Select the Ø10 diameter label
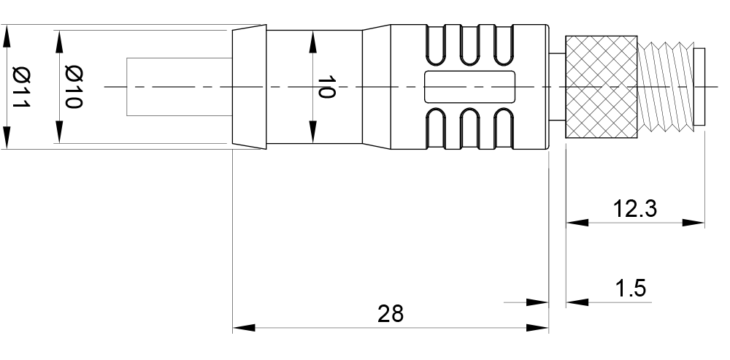[x=73, y=87]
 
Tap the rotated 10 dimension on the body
[x=326, y=87]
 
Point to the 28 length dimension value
[x=391, y=314]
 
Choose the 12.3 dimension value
[x=634, y=209]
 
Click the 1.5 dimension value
[x=631, y=288]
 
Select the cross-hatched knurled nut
[x=602, y=87]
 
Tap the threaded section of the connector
[x=664, y=87]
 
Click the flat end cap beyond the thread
[x=699, y=87]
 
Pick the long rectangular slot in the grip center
[x=471, y=87]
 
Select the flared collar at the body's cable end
[x=249, y=87]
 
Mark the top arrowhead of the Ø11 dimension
[x=7, y=37]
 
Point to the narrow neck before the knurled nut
[x=557, y=87]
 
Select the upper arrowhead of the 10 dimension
[x=313, y=41]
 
